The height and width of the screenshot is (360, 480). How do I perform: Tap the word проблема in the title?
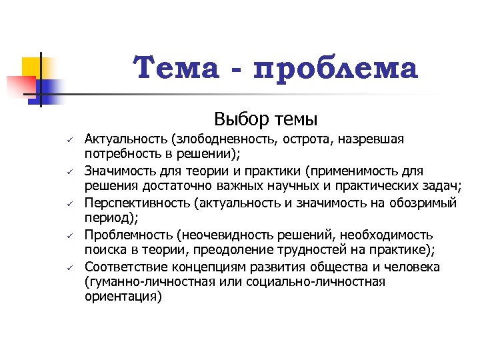point(336,69)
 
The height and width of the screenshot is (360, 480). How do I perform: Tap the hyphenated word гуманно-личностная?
point(147,282)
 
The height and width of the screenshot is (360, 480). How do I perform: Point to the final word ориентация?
point(123,297)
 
